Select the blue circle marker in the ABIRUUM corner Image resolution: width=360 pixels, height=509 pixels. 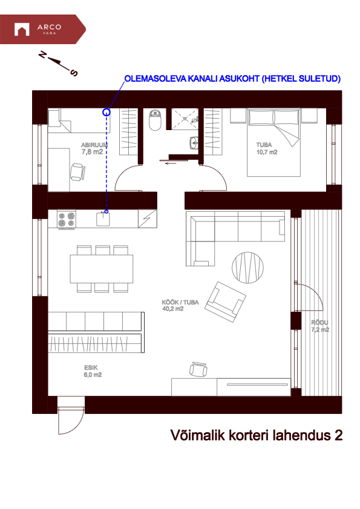(x=106, y=111)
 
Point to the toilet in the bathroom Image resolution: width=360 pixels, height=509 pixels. (x=155, y=120)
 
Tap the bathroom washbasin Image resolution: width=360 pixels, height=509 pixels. (x=194, y=143)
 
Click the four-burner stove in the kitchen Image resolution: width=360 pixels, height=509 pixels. (x=66, y=219)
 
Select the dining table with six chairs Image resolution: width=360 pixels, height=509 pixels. (x=102, y=268)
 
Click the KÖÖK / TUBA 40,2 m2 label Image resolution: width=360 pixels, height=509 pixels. (x=180, y=304)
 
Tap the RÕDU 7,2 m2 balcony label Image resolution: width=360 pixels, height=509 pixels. (x=319, y=326)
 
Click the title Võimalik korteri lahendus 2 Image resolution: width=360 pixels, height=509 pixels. (x=257, y=435)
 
